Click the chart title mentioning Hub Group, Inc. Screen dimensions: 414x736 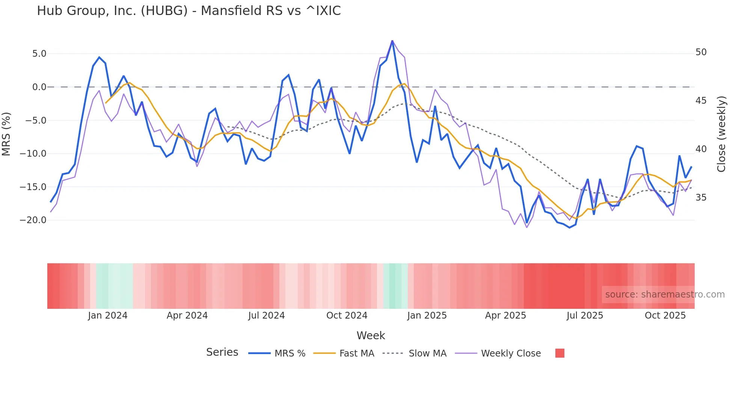point(189,11)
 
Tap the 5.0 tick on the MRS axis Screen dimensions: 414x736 point(39,54)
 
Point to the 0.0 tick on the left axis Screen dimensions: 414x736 point(39,87)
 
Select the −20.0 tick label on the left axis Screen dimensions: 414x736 point(33,220)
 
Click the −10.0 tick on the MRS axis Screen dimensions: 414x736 point(33,154)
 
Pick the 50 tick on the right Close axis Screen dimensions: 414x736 point(701,52)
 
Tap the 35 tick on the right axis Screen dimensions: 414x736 point(701,198)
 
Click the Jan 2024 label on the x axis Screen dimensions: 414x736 point(108,316)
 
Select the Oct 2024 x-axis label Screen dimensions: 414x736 point(347,316)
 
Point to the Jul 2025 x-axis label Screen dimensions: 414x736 point(585,316)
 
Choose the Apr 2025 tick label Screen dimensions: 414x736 point(505,316)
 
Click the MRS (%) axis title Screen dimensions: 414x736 point(6,134)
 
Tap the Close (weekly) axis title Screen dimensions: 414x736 point(721,134)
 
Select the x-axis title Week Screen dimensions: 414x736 point(371,335)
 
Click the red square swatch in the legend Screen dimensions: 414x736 point(560,353)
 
